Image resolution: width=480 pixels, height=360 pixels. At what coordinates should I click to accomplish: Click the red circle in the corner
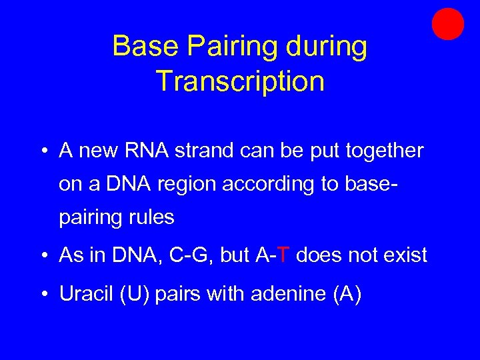click(x=447, y=23)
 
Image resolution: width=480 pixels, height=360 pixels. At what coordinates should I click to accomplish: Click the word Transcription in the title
click(x=240, y=81)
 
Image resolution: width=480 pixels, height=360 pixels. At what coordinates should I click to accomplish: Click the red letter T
click(x=283, y=255)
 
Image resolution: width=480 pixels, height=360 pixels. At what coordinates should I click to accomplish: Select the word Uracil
click(x=85, y=293)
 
